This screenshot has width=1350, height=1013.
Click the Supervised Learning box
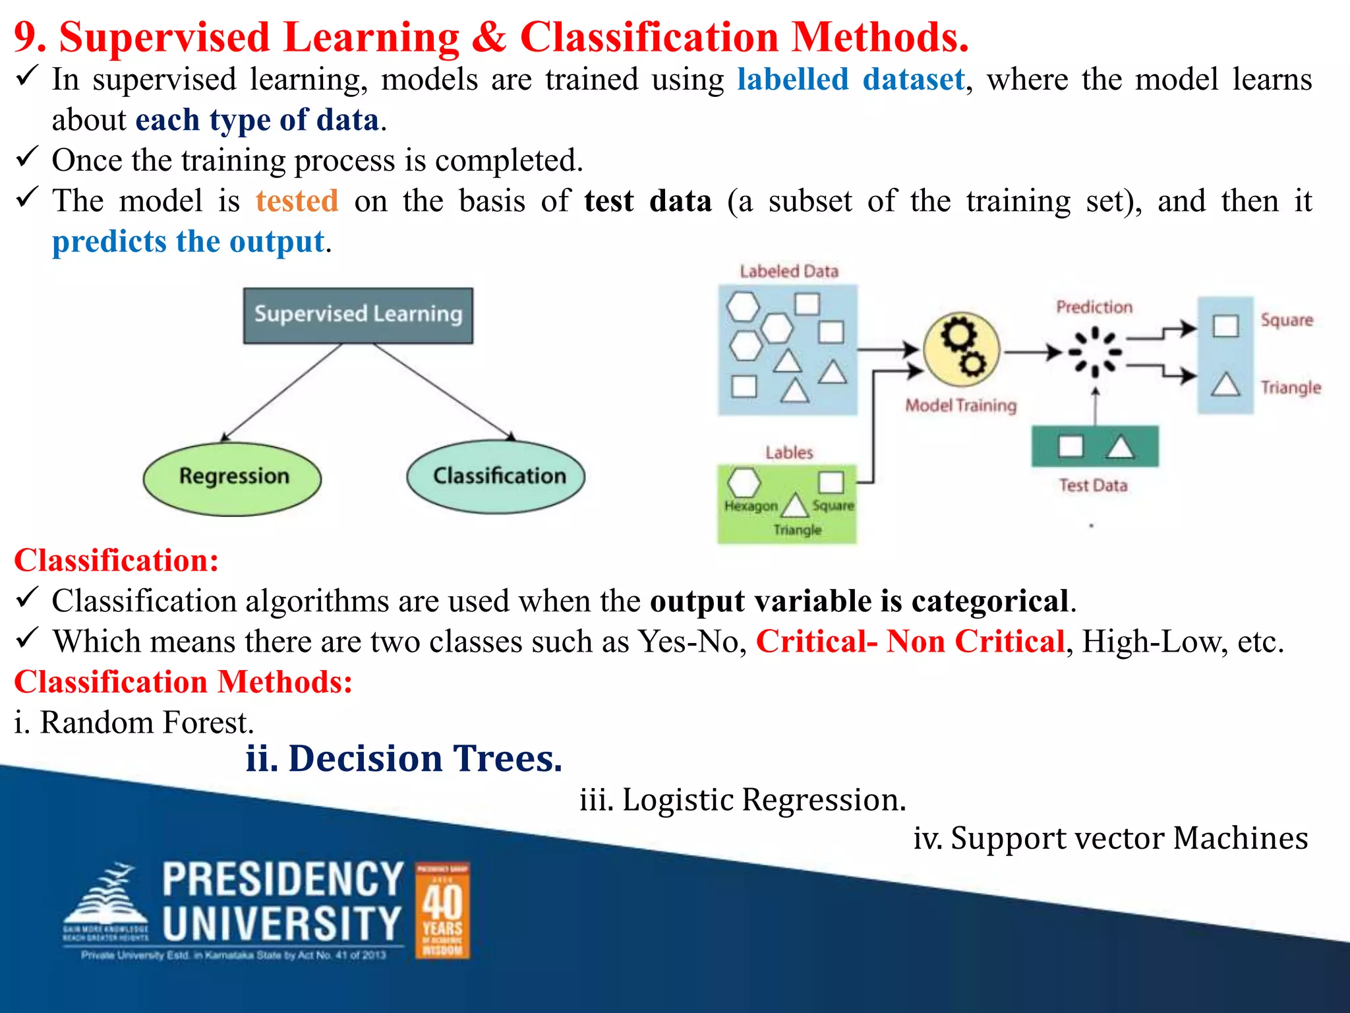358,315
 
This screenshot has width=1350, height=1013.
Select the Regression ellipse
233,477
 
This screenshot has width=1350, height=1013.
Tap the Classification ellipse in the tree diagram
496,476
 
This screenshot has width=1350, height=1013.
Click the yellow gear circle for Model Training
961,350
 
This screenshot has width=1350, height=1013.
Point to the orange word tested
297,200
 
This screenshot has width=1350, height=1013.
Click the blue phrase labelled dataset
850,80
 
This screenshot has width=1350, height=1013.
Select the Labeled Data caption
788,271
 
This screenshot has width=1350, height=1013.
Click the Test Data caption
1093,485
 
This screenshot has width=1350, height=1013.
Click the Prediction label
1094,307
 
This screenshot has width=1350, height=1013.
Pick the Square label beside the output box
1286,321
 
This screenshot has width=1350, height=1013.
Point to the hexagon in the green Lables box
744,482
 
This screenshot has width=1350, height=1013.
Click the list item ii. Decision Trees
404,758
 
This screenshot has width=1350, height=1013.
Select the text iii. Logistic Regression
743,799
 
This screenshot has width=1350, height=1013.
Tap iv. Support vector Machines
1110,838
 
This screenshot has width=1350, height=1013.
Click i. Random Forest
134,722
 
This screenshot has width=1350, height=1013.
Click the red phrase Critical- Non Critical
910,641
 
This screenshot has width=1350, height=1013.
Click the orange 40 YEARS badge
442,910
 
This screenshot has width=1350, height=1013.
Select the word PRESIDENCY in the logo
283,879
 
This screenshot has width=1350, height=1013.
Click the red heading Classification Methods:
183,682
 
